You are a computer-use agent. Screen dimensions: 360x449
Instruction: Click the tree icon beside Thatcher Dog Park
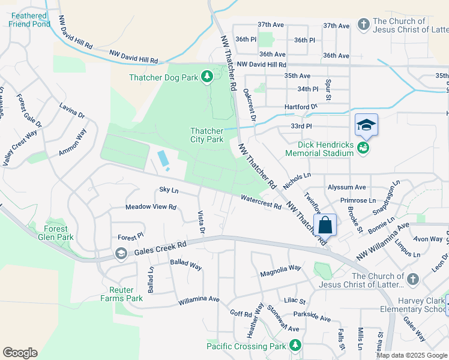click(x=207, y=77)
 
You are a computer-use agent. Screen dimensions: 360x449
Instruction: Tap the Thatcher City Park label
click(x=206, y=135)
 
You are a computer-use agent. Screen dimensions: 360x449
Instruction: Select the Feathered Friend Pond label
click(x=29, y=20)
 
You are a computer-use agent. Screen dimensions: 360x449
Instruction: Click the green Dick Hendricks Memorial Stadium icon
click(x=363, y=148)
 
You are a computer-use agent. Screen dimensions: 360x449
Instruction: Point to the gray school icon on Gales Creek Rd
click(x=121, y=253)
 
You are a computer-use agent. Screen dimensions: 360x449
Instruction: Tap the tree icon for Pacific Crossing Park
click(x=295, y=346)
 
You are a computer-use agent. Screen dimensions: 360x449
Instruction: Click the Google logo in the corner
click(x=20, y=353)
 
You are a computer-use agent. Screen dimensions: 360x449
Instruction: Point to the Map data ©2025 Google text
click(x=412, y=355)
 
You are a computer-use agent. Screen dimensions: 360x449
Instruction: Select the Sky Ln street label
click(x=169, y=190)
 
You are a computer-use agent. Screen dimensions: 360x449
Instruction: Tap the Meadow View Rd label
click(x=151, y=207)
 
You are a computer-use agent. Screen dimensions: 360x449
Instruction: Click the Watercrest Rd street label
click(x=261, y=201)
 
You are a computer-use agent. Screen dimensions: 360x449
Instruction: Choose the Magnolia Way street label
click(x=280, y=274)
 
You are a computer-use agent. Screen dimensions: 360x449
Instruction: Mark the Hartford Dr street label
click(x=301, y=107)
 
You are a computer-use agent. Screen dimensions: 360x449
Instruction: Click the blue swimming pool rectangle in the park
click(x=163, y=159)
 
